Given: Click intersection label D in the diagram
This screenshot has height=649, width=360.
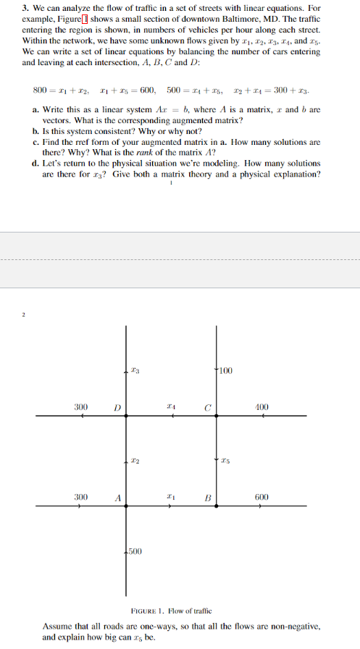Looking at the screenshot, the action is (114, 407).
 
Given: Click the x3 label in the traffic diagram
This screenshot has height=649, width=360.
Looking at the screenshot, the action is (135, 372).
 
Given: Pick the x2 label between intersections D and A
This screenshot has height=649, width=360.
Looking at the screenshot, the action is (135, 461).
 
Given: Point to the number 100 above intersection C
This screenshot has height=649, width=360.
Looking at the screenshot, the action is (226, 372).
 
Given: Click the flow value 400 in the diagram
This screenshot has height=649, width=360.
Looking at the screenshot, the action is (262, 407).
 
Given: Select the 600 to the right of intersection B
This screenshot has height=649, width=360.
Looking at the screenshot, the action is (262, 497).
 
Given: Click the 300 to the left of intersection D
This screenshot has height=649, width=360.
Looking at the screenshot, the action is (81, 407).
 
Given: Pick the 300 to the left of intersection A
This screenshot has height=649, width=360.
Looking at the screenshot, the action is (81, 497).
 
